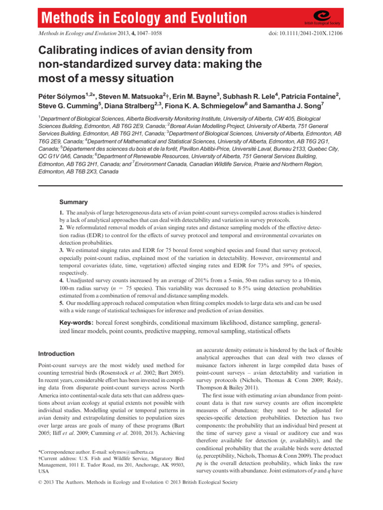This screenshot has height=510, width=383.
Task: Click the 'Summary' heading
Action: pos(74,202)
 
